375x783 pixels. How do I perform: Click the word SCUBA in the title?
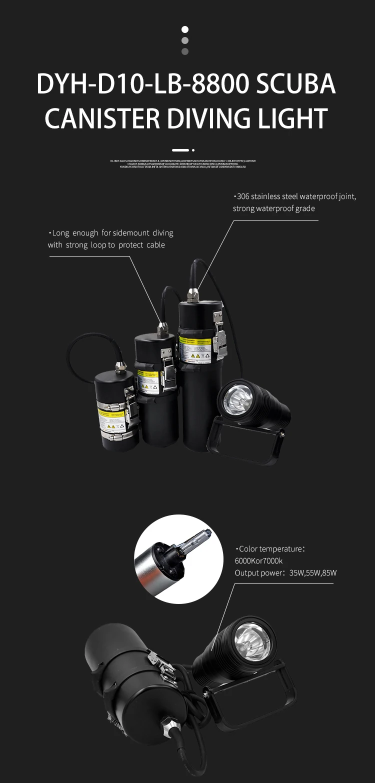click(296, 84)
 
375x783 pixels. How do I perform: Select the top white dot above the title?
click(185, 30)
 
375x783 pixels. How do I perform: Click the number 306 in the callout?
click(243, 196)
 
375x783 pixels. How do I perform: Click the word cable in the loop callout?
click(155, 245)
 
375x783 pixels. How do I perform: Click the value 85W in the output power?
click(328, 573)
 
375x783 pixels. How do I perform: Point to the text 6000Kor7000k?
click(258, 561)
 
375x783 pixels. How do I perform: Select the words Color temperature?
click(270, 549)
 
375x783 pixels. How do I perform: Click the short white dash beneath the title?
click(180, 150)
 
